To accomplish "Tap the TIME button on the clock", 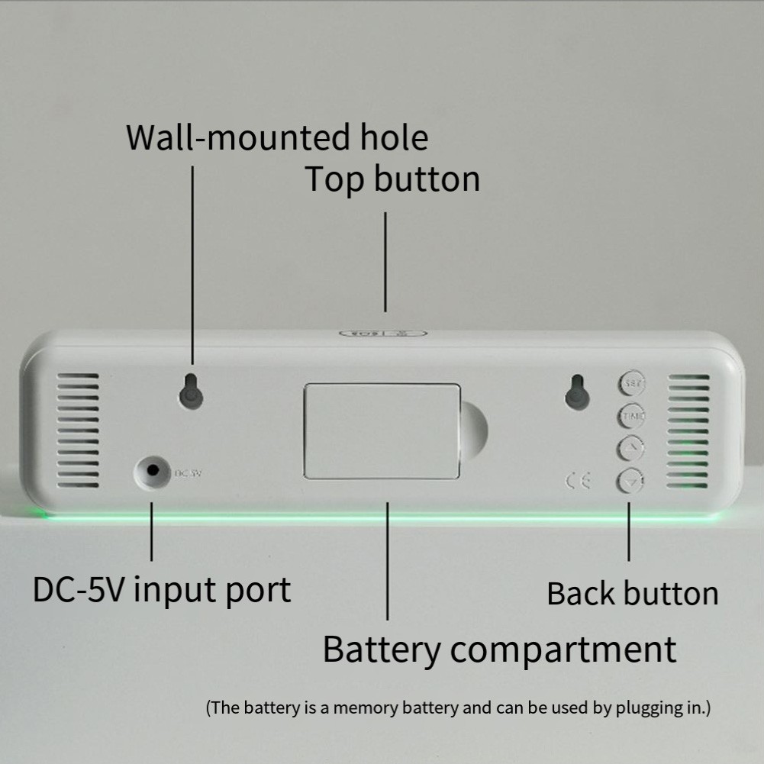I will (630, 416).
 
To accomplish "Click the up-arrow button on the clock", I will (630, 449).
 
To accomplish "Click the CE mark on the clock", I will (578, 480).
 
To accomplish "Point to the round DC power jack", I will (151, 472).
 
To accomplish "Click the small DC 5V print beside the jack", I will (187, 473).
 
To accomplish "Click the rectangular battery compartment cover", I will (382, 431).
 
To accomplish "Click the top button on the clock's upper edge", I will (383, 334).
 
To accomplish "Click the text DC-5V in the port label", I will (78, 590).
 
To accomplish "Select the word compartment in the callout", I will (563, 649).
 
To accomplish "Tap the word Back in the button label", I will (581, 594).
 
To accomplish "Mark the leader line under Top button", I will (385, 261).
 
